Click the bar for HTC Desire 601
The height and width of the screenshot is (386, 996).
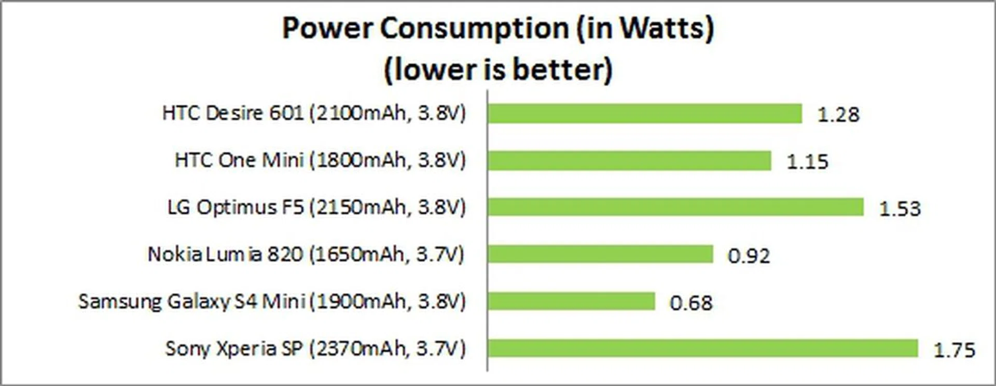644,114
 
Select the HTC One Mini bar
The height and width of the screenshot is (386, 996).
629,161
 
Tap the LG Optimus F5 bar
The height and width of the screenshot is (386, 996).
675,207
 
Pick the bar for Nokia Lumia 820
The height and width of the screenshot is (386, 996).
600,254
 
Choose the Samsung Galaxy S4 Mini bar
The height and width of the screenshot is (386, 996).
571,301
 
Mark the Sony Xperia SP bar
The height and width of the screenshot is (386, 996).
702,348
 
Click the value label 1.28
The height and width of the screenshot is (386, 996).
838,115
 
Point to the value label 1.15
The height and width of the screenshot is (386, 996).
807,162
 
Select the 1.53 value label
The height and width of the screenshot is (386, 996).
900,209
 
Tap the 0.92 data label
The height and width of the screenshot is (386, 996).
749,256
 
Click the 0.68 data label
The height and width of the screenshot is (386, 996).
691,303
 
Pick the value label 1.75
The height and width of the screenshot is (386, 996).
955,350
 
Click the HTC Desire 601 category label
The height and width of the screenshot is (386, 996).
314,113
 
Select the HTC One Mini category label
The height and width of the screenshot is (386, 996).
320,160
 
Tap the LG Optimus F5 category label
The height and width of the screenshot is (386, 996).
316,207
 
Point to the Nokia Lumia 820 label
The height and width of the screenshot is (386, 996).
306,254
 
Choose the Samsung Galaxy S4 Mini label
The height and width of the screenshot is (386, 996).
272,301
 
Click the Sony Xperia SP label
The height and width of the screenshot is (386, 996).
315,348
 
